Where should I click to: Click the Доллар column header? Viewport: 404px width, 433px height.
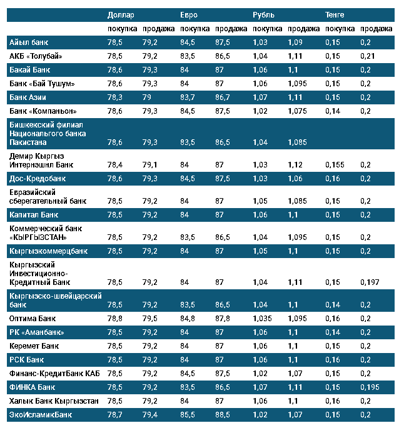click(120, 14)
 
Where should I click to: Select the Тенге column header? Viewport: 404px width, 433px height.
click(335, 14)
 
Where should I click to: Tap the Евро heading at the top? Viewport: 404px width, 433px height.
click(189, 14)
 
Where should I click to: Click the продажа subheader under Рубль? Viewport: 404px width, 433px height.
click(304, 29)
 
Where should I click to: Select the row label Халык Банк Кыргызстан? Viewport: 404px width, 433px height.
click(54, 401)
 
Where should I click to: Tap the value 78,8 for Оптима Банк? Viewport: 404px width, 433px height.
click(115, 318)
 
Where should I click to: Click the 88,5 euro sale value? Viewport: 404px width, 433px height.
click(223, 414)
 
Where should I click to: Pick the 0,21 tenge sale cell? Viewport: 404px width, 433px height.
click(368, 56)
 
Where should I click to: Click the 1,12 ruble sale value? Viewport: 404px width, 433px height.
click(296, 165)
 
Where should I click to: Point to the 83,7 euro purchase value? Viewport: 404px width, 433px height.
click(188, 97)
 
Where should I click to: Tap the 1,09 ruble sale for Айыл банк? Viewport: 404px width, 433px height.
click(296, 42)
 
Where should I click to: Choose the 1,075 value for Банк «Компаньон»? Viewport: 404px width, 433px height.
click(298, 111)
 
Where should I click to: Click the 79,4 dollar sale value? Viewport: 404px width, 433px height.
click(150, 414)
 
